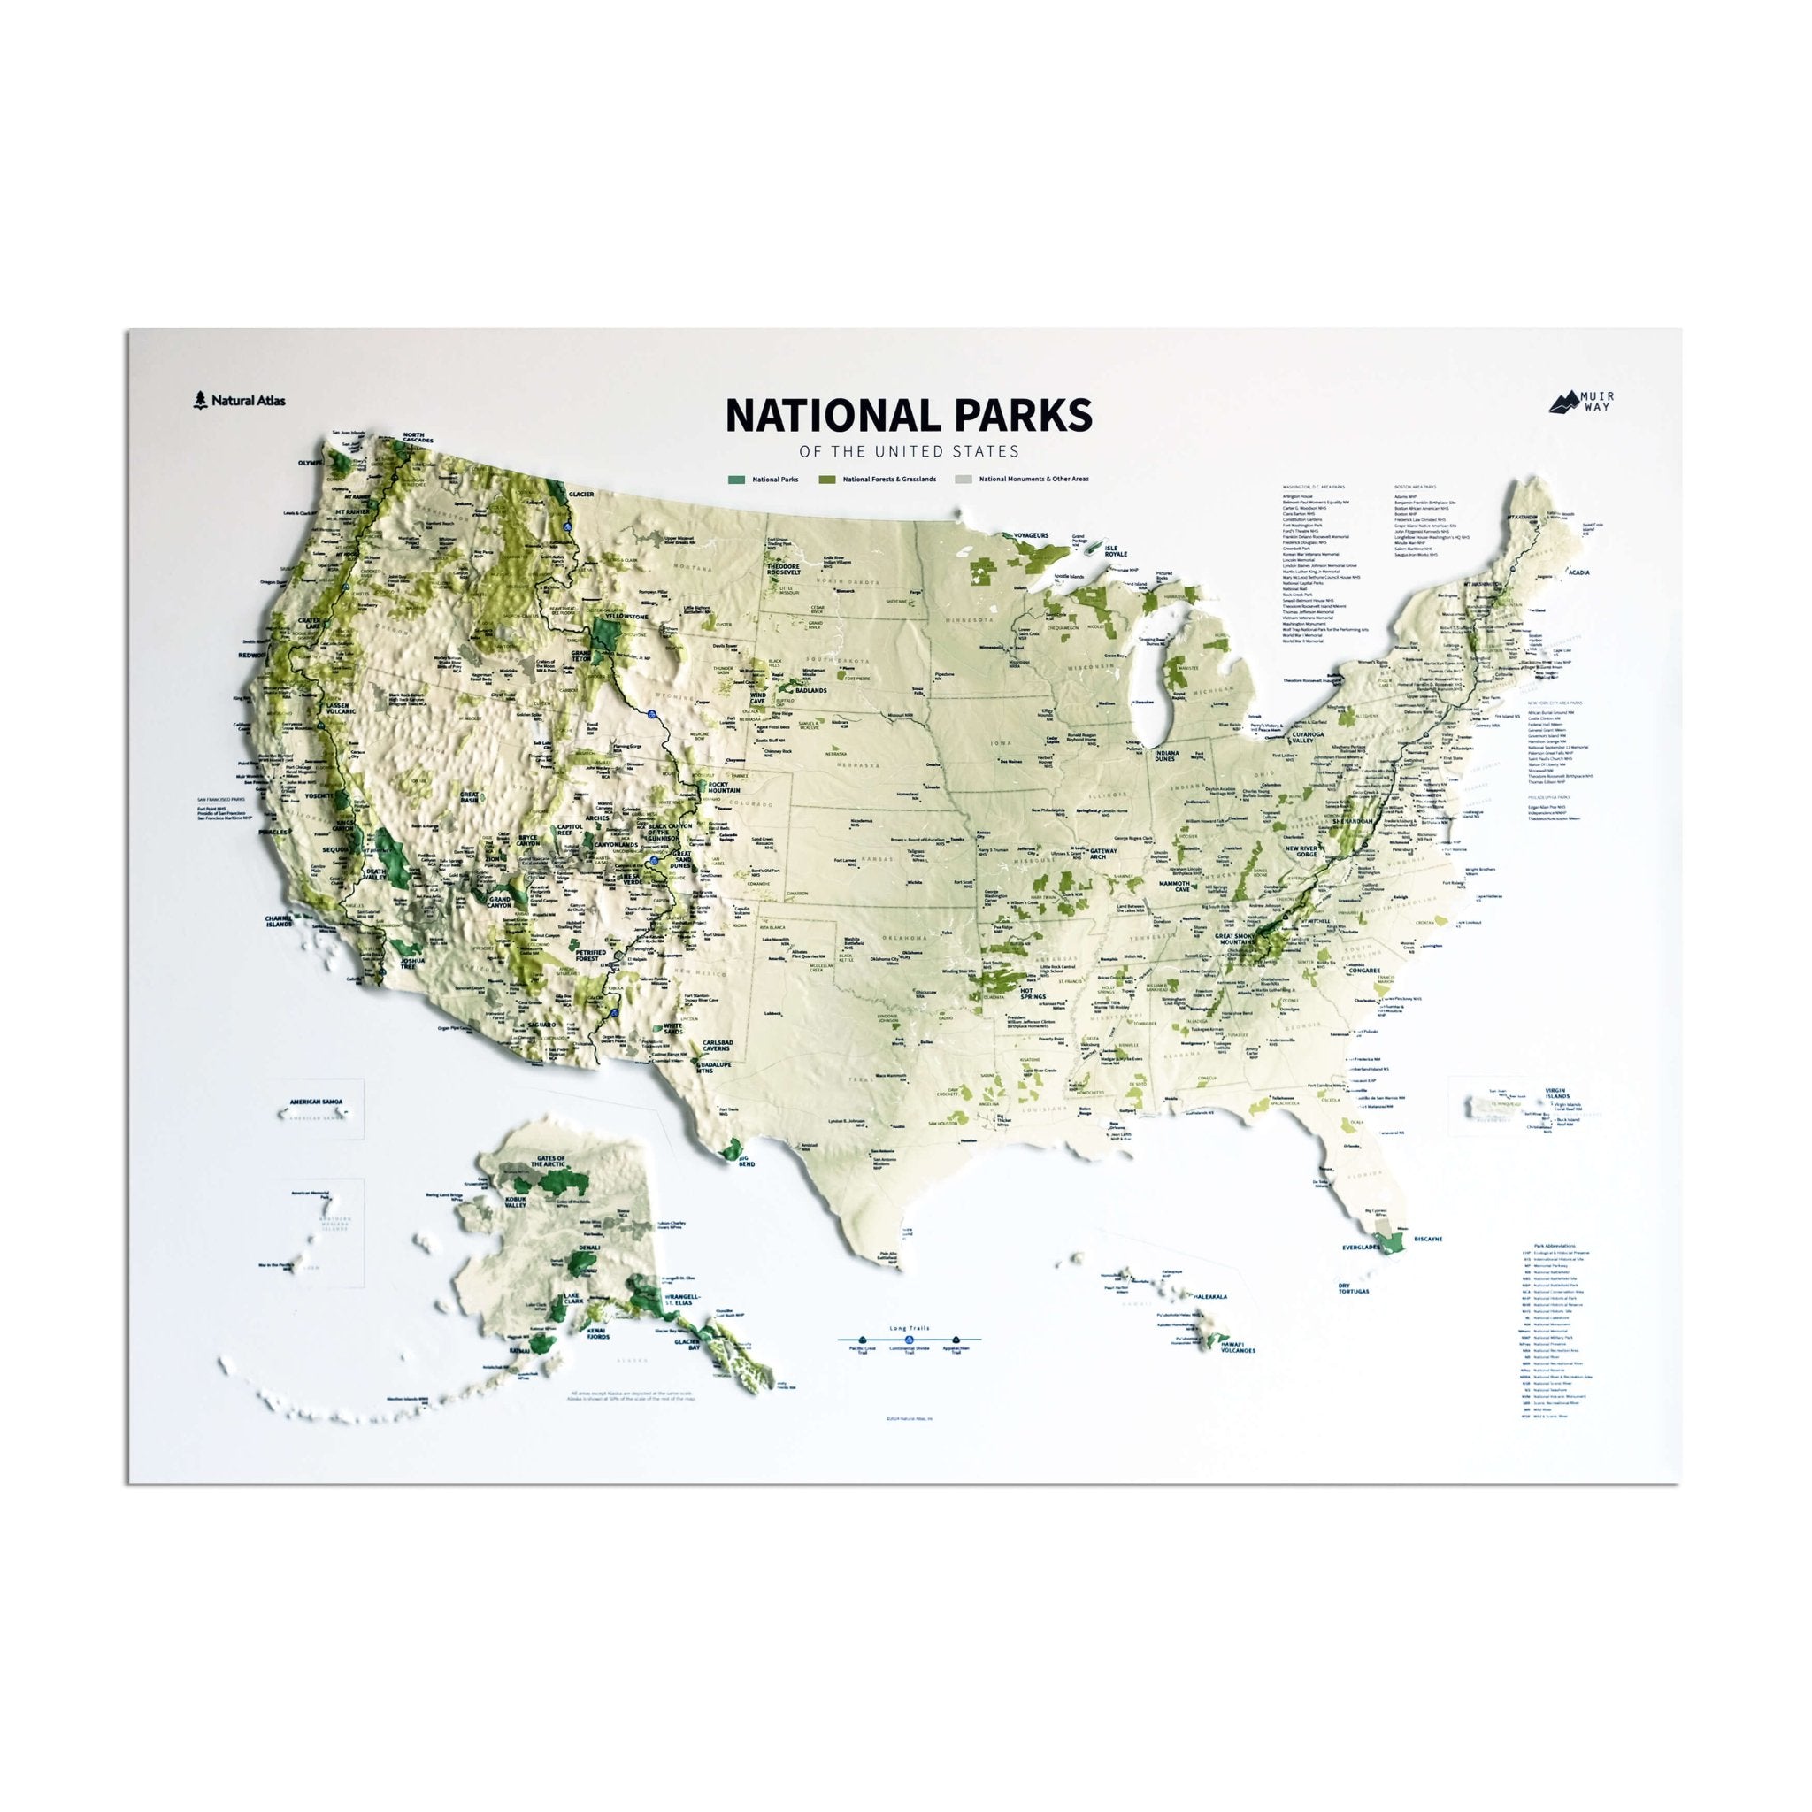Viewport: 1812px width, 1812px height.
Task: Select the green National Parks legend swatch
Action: tap(735, 480)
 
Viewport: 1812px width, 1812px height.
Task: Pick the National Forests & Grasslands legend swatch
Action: tap(826, 480)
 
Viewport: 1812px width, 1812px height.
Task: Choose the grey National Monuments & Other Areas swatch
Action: tap(963, 480)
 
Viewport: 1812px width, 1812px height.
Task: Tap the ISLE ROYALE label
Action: tap(1115, 550)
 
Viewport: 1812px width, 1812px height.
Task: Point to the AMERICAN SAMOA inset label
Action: tap(316, 1099)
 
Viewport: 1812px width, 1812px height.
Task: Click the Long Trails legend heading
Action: tap(907, 1328)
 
